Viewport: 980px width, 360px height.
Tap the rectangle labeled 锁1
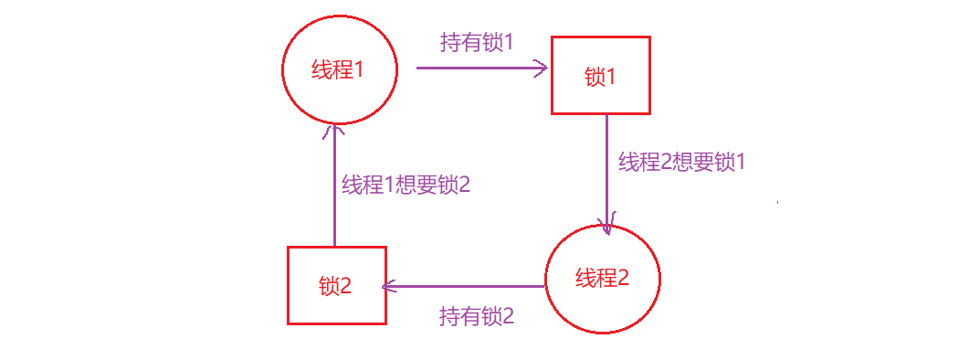pyautogui.click(x=600, y=76)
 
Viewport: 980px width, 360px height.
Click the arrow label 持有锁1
pyautogui.click(x=477, y=43)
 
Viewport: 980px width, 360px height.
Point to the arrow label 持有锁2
pyautogui.click(x=477, y=317)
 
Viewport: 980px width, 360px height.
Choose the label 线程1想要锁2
pyautogui.click(x=406, y=184)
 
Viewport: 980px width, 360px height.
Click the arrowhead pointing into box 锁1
pyautogui.click(x=542, y=68)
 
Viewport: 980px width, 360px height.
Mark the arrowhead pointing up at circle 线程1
pyautogui.click(x=334, y=133)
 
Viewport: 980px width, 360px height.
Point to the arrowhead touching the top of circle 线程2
pyautogui.click(x=606, y=228)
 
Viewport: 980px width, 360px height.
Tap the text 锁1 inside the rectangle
pyautogui.click(x=600, y=77)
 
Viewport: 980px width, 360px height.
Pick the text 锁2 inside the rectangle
pyautogui.click(x=336, y=286)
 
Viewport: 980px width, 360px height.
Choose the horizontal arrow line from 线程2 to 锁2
pyautogui.click(x=466, y=286)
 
